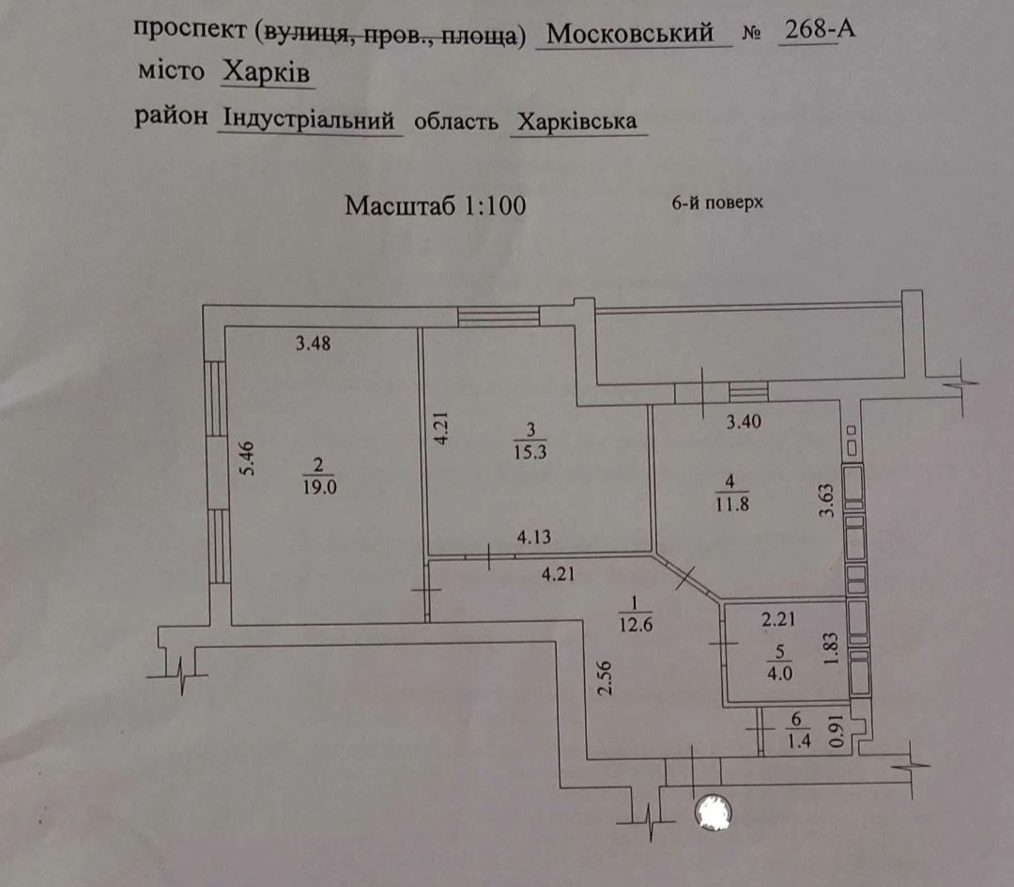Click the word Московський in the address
click(x=630, y=33)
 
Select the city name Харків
click(x=267, y=72)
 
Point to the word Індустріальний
click(x=309, y=119)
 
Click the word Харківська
click(x=576, y=121)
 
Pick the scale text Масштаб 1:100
click(x=436, y=206)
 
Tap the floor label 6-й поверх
click(x=718, y=203)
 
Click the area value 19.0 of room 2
click(x=319, y=487)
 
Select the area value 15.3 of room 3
click(x=530, y=452)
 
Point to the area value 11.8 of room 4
click(x=732, y=504)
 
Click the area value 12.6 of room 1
click(x=635, y=626)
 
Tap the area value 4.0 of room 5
click(x=779, y=674)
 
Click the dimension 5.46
click(x=248, y=458)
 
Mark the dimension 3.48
click(x=313, y=343)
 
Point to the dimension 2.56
click(x=605, y=678)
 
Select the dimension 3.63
click(x=827, y=502)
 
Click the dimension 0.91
click(x=837, y=730)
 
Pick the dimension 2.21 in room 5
click(x=778, y=620)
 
